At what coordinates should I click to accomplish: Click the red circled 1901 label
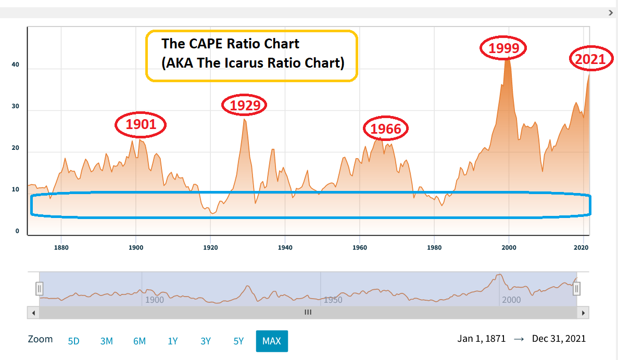(x=141, y=125)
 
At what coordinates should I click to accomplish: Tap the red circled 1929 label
(x=245, y=106)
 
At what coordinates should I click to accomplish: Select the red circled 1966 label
(x=386, y=129)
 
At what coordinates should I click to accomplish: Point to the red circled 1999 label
(x=503, y=48)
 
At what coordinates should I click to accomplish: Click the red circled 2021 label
(x=590, y=59)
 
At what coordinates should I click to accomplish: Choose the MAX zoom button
(x=272, y=341)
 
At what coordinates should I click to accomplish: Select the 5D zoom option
(x=74, y=341)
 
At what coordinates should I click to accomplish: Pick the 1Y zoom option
(x=173, y=341)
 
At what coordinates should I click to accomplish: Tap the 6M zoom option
(x=140, y=341)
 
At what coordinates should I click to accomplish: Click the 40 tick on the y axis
(x=16, y=65)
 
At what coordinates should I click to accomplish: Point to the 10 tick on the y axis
(x=16, y=189)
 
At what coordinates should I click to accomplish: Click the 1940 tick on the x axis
(x=285, y=248)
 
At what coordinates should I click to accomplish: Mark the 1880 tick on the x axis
(x=61, y=248)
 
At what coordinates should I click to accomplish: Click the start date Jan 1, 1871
(x=482, y=339)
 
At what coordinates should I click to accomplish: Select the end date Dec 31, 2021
(x=559, y=339)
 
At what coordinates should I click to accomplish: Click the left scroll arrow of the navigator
(x=33, y=313)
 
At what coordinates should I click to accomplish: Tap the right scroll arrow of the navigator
(x=584, y=313)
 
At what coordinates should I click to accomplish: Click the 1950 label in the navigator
(x=333, y=300)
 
